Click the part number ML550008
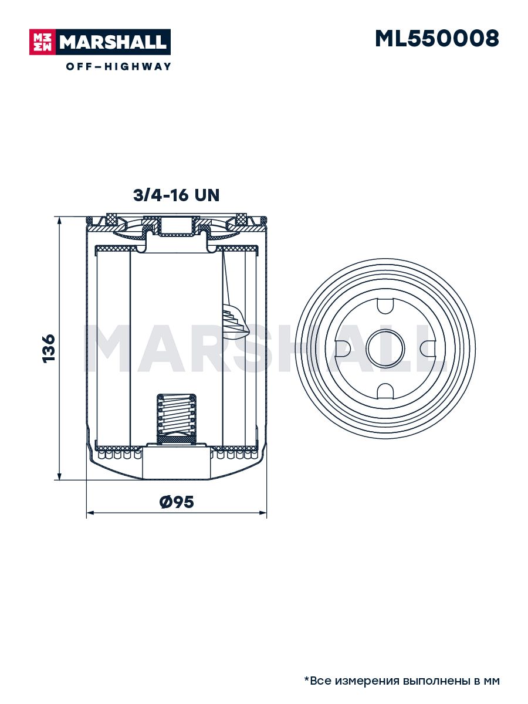pyautogui.click(x=436, y=39)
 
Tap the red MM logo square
pyautogui.click(x=43, y=42)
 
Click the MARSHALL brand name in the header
pyautogui.click(x=113, y=42)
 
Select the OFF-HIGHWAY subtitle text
pyautogui.click(x=119, y=66)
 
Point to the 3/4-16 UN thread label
pyautogui.click(x=176, y=195)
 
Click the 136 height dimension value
pyautogui.click(x=49, y=348)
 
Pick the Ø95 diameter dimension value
pyautogui.click(x=177, y=502)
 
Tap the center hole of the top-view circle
pyautogui.click(x=385, y=348)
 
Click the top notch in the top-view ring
pyautogui.click(x=385, y=306)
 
